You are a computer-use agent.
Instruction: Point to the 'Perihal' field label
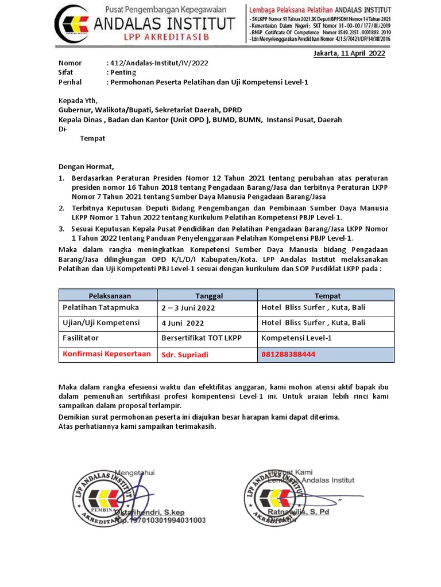pos(71,82)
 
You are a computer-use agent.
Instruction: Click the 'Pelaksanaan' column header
pos(110,296)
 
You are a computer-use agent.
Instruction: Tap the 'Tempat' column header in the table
pos(327,296)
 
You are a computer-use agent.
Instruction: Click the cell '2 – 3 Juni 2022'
pos(188,308)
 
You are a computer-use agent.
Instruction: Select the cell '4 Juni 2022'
pos(183,323)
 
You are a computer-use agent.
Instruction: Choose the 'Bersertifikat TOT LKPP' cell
pos(202,338)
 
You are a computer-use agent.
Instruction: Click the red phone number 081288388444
pos(288,354)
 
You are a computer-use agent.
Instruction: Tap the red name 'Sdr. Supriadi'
pos(185,355)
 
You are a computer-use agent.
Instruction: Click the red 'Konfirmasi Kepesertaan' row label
pos(107,354)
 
